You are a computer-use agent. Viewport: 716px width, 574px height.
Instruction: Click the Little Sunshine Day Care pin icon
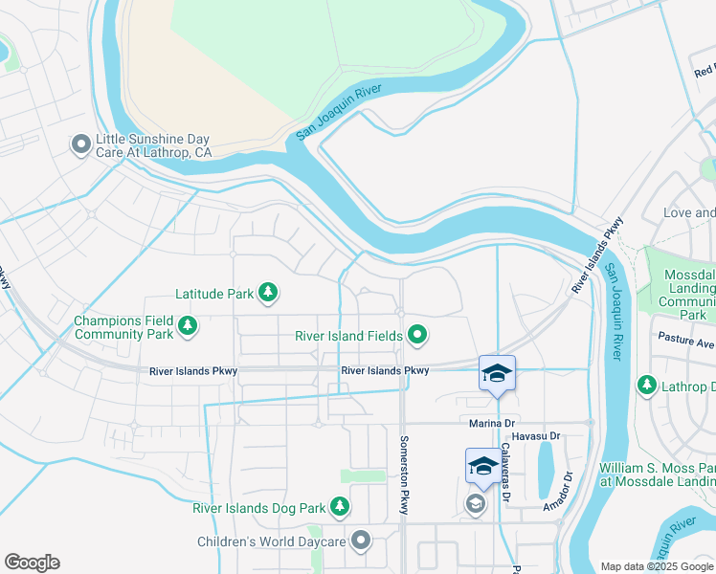(80, 144)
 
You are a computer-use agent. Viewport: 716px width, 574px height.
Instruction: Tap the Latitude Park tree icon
(269, 293)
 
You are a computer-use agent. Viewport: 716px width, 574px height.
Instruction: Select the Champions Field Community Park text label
(123, 327)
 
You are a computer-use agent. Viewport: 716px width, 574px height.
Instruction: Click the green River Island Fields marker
(417, 335)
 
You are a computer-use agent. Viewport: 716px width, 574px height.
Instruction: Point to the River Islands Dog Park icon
(339, 506)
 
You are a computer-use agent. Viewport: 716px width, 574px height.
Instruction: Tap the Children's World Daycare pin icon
(361, 541)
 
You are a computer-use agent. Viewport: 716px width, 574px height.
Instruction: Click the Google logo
(32, 563)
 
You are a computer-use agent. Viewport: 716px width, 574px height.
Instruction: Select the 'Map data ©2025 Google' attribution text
(656, 566)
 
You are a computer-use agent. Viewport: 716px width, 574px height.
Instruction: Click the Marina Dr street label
(492, 423)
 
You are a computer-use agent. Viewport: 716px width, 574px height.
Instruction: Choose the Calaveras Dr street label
(505, 474)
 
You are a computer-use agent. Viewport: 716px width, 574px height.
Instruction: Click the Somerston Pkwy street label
(403, 475)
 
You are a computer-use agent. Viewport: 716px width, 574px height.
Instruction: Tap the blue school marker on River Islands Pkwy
(497, 372)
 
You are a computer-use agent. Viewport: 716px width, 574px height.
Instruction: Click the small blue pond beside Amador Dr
(545, 472)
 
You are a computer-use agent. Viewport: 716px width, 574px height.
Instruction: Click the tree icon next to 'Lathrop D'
(647, 386)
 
